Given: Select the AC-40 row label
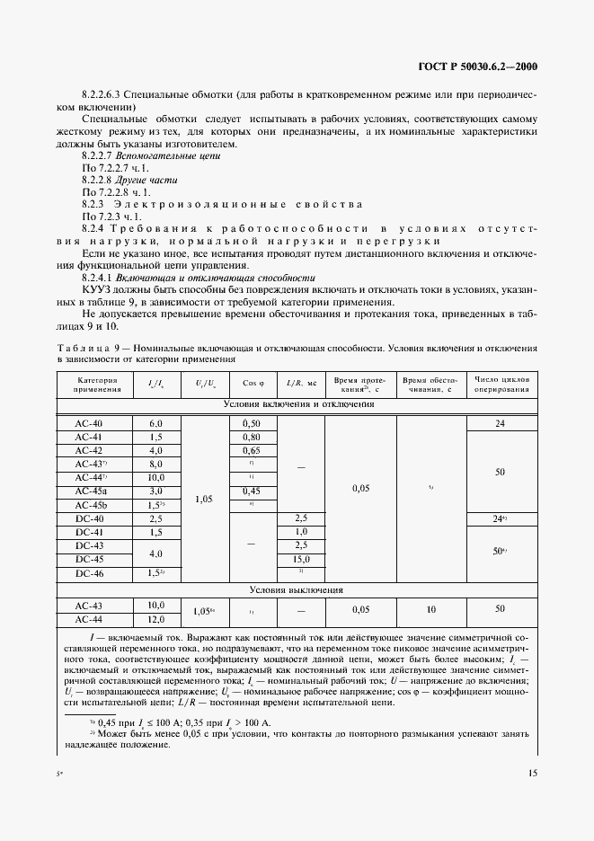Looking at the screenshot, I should pyautogui.click(x=89, y=422).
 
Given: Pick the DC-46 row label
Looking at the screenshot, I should pyautogui.click(x=89, y=572).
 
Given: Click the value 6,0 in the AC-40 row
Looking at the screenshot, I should pyautogui.click(x=155, y=422).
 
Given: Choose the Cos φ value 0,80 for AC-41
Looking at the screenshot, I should pyautogui.click(x=251, y=437).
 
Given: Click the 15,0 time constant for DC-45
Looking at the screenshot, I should pyautogui.click(x=301, y=559).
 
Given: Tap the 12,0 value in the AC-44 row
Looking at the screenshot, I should pyautogui.click(x=155, y=618).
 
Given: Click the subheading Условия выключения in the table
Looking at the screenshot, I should pyautogui.click(x=297, y=590).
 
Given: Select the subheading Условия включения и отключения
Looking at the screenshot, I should pyautogui.click(x=297, y=404).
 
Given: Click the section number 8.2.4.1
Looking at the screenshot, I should pyautogui.click(x=97, y=279).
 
